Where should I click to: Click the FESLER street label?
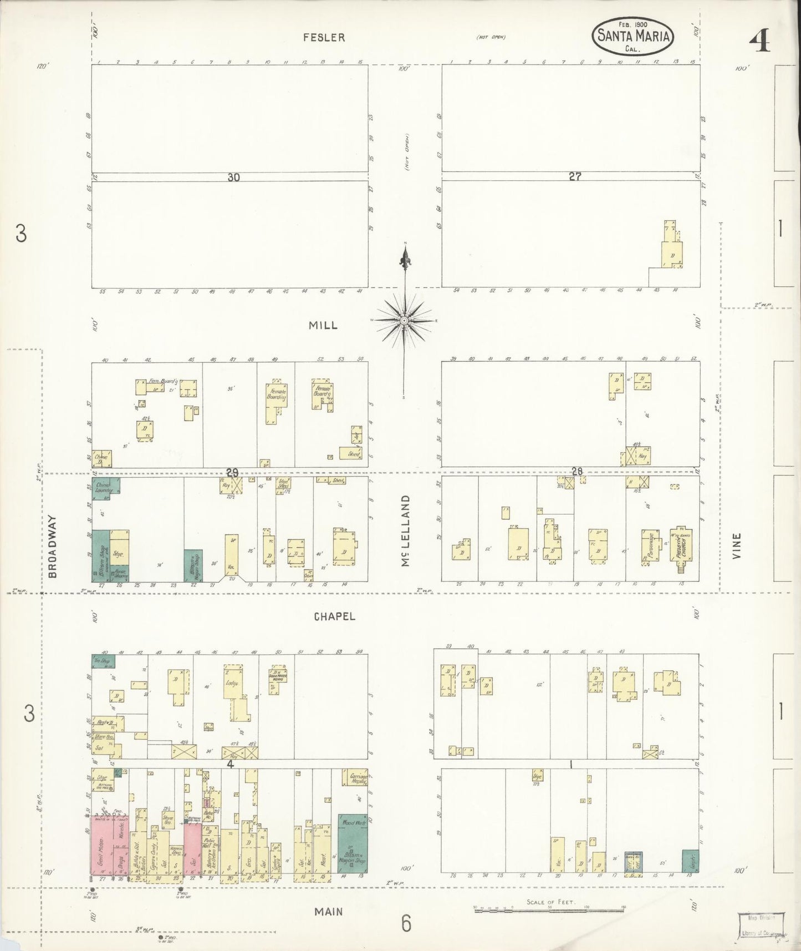(324, 38)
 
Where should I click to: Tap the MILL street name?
(323, 326)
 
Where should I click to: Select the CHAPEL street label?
(334, 616)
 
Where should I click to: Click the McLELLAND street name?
(406, 531)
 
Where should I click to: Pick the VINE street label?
(737, 545)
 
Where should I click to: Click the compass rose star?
(405, 321)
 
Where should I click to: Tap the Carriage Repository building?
(355, 778)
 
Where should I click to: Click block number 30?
(233, 178)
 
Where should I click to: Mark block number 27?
(574, 176)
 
